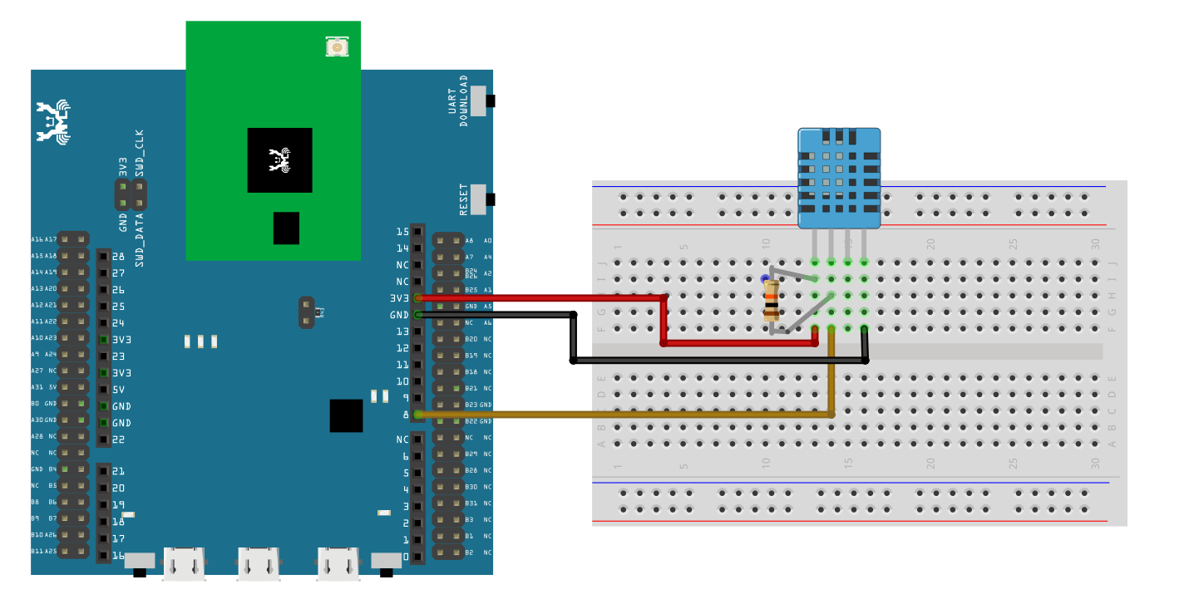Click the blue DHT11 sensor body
click(839, 178)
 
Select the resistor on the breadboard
click(772, 301)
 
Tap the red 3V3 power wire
click(540, 297)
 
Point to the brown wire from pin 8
click(624, 414)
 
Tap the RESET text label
click(464, 199)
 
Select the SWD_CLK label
click(139, 150)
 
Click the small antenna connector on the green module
click(337, 47)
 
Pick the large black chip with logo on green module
click(279, 160)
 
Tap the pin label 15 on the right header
click(402, 232)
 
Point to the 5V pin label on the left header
click(119, 390)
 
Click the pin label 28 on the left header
click(118, 257)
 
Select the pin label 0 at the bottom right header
click(405, 556)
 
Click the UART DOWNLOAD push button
click(480, 101)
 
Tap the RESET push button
click(480, 199)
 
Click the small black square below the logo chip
click(286, 228)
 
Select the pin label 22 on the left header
click(118, 439)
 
